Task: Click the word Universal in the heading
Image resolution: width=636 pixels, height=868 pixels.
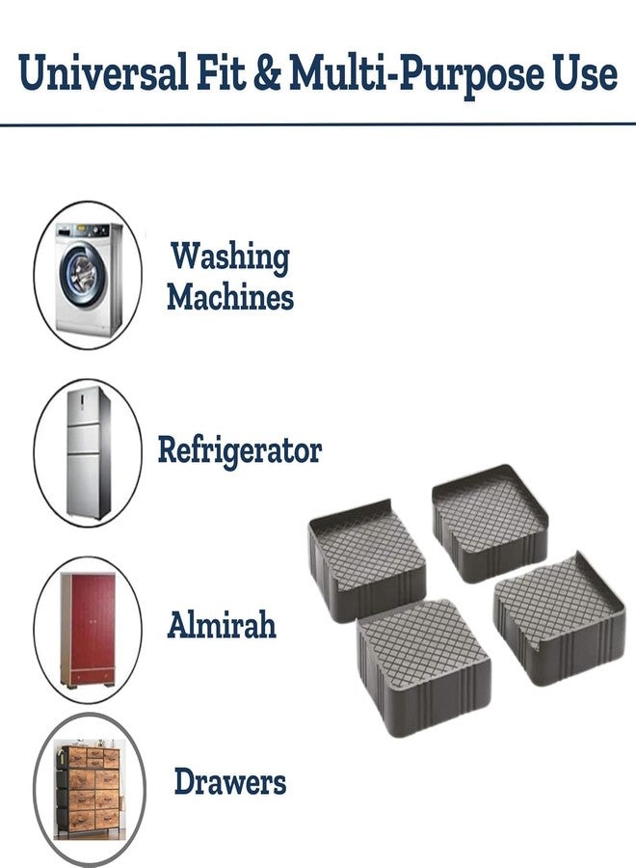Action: (x=103, y=72)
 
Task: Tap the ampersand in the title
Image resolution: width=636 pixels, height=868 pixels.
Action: (x=268, y=73)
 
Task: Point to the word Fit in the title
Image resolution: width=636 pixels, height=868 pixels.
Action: (x=221, y=72)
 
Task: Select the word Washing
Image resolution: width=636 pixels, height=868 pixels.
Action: (x=229, y=258)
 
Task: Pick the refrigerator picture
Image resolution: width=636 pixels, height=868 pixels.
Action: (x=88, y=453)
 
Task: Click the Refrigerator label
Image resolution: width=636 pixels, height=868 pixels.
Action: (x=240, y=450)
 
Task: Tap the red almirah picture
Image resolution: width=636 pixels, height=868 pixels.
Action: (x=89, y=630)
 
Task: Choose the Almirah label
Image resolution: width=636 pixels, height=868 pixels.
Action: (x=222, y=624)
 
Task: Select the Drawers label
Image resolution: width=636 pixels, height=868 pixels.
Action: (x=230, y=781)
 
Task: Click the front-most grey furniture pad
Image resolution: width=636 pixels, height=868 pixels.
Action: (x=424, y=668)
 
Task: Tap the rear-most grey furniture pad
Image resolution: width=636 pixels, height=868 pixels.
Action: (x=490, y=523)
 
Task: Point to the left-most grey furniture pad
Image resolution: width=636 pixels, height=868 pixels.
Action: (x=367, y=560)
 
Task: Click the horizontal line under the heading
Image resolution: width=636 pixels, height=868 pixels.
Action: (x=318, y=124)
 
